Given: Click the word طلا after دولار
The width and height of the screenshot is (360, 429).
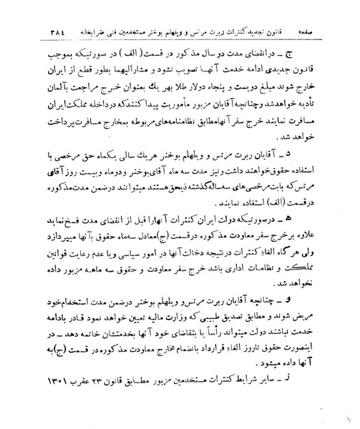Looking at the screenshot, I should pos(194,92).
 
